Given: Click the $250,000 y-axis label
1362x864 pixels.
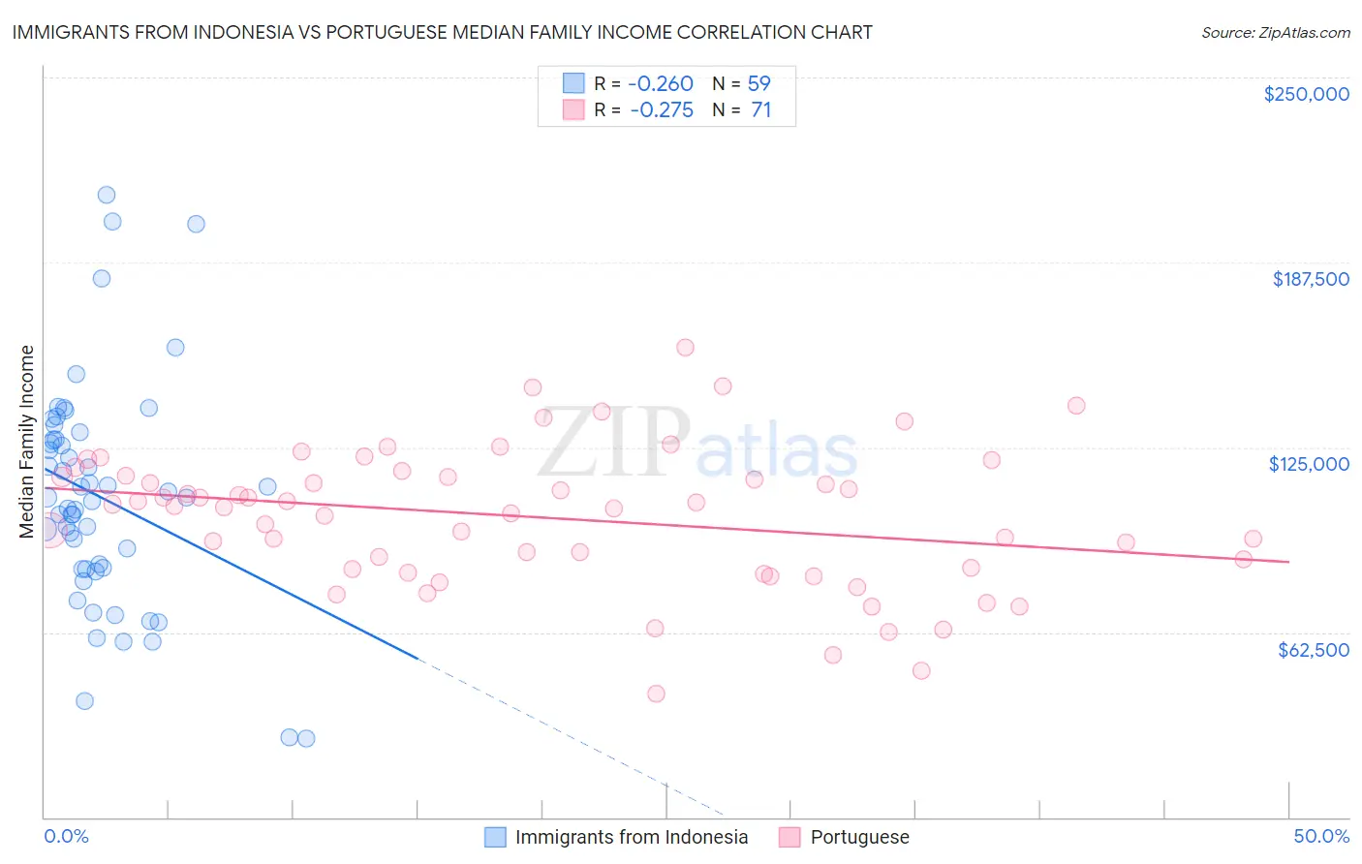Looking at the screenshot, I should [x=1306, y=94].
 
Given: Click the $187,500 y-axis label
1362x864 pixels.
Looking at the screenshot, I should [x=1310, y=279].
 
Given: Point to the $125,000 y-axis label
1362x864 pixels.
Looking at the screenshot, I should [x=1309, y=464].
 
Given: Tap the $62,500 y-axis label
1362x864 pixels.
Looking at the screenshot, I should [x=1313, y=650].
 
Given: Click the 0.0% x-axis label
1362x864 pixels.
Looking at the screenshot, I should [x=66, y=837].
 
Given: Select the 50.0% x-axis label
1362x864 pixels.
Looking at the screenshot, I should [x=1321, y=837].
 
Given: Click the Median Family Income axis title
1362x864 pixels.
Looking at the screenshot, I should [x=26, y=442].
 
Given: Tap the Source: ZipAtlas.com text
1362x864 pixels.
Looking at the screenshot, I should [x=1275, y=32].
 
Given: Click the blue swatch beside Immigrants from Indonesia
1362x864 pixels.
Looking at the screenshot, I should [x=495, y=837].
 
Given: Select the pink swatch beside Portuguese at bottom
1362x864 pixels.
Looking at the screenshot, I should [x=789, y=837].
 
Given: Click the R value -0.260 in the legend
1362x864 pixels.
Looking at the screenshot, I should [x=661, y=83].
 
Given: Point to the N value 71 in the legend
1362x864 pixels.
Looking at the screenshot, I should [x=760, y=109].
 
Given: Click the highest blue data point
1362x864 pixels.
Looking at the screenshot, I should [x=107, y=195].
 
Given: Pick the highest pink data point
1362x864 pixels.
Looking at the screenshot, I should [x=685, y=348].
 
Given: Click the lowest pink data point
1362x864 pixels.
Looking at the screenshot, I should [x=656, y=694].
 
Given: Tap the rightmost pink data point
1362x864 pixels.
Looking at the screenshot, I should [x=1253, y=539].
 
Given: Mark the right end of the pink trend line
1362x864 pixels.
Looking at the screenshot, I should [x=1288, y=562].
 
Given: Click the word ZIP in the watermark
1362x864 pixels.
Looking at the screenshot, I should [x=612, y=444].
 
